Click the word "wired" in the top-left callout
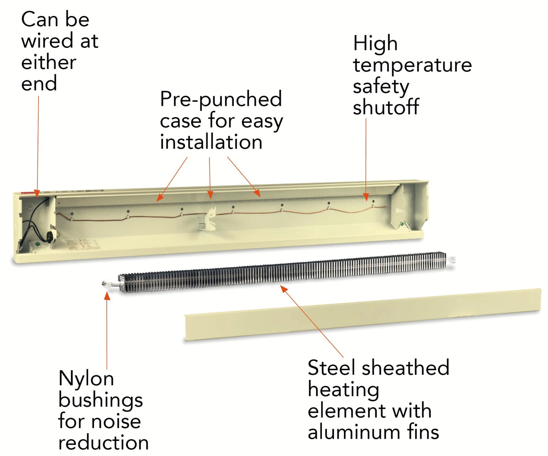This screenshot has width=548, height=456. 47,41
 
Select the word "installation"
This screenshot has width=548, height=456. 211,142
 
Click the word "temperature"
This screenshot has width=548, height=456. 412,65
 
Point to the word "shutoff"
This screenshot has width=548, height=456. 386,108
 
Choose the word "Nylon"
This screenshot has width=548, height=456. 86,379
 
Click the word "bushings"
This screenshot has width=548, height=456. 100,400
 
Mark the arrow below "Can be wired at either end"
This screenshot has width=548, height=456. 38,146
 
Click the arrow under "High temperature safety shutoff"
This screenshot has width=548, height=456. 366,160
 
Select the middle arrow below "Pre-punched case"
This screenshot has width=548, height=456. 210,178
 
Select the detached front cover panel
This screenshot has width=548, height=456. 361,315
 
